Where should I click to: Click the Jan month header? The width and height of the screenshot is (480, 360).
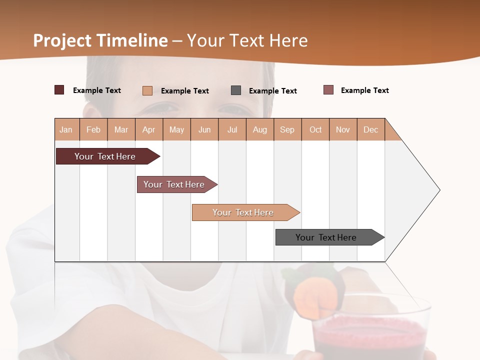click(66, 129)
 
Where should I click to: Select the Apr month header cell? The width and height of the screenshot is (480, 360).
click(149, 129)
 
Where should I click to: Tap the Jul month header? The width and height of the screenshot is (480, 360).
click(232, 129)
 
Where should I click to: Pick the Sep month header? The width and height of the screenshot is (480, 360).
click(287, 129)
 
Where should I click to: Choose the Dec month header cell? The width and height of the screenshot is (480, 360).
click(370, 129)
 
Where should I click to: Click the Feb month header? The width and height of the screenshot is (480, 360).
click(93, 129)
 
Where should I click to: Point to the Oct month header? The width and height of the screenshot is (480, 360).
click(315, 129)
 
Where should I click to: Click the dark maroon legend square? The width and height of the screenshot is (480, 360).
click(59, 90)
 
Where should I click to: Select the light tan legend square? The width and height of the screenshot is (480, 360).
click(147, 90)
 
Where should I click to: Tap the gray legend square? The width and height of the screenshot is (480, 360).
click(236, 90)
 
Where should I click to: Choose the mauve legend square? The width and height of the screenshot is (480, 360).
click(328, 90)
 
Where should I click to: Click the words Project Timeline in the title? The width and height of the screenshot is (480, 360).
click(100, 40)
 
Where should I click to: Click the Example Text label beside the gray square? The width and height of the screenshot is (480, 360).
click(272, 91)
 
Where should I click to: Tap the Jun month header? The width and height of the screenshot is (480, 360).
click(204, 129)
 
